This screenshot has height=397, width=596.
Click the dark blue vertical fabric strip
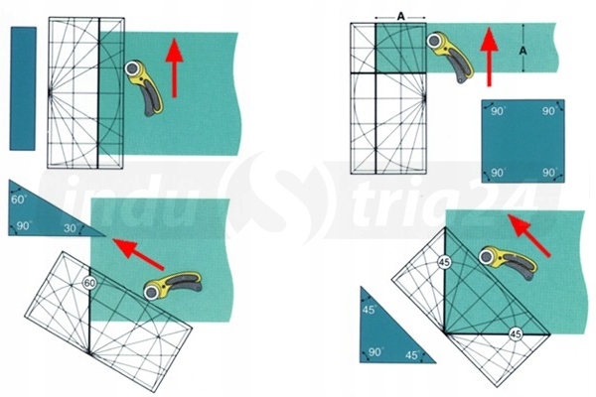point(23,89)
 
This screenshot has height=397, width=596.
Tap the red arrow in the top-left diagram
point(176,68)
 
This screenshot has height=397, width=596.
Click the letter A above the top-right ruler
point(400,15)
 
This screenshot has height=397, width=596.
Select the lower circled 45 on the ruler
point(515,334)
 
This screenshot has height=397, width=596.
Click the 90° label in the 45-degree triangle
point(374,352)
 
